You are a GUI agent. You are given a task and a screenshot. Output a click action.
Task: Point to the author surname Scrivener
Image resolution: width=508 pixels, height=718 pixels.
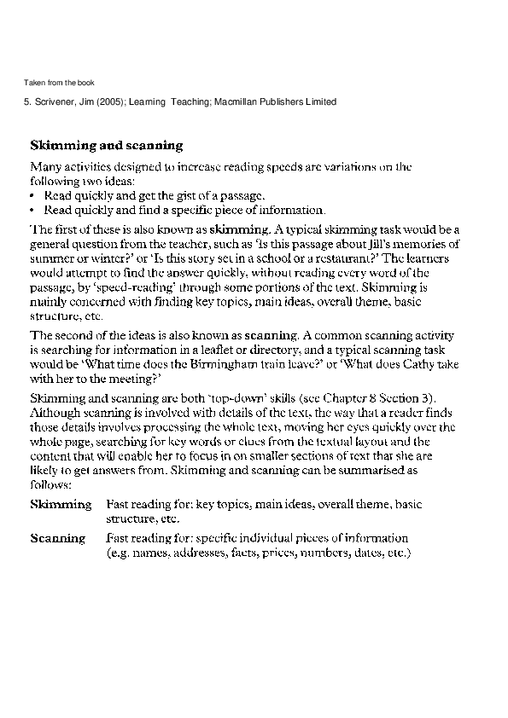point(52,102)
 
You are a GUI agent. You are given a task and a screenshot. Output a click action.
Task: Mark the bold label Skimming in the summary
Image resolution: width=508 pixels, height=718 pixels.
point(61,505)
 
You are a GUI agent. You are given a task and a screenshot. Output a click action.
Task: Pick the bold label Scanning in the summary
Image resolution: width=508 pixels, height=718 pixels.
point(58,539)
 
